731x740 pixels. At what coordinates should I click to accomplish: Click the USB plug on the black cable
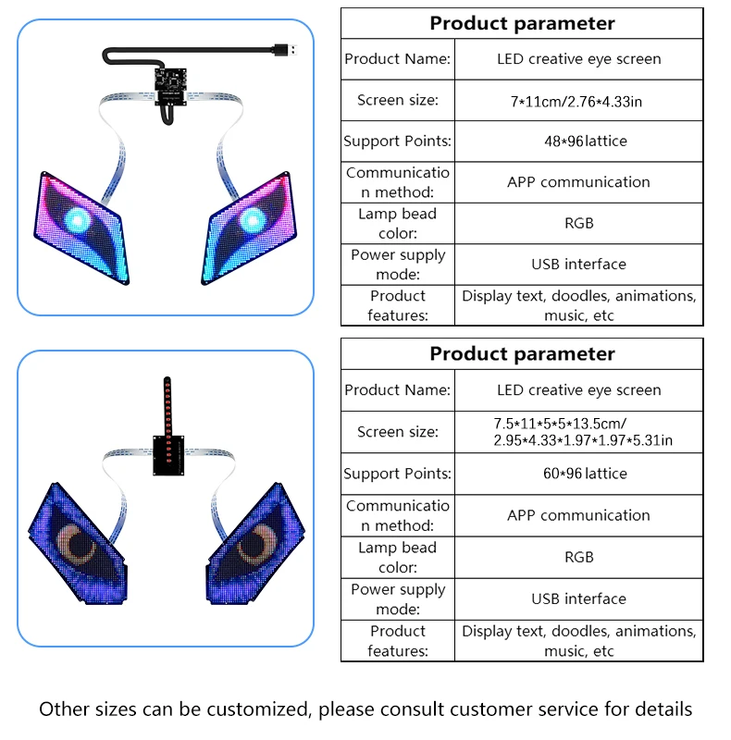pos(286,47)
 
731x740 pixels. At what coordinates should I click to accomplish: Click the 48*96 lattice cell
pos(578,142)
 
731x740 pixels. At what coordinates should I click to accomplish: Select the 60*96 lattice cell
pos(578,474)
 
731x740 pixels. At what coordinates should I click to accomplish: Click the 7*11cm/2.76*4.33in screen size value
pos(578,101)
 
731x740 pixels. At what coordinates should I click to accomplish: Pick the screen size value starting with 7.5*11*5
pos(583,432)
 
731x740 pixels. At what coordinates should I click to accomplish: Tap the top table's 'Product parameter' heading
pos(522,23)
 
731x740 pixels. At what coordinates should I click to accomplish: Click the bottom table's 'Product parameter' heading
pos(522,354)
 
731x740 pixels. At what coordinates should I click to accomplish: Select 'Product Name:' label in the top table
pos(398,59)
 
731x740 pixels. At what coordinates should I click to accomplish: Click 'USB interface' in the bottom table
pos(578,599)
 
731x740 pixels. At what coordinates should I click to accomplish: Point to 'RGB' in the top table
pos(578,223)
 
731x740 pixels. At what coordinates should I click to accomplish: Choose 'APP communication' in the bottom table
pos(578,515)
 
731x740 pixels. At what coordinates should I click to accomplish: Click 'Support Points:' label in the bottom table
pos(398,474)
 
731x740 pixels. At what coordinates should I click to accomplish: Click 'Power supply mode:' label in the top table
pos(398,265)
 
